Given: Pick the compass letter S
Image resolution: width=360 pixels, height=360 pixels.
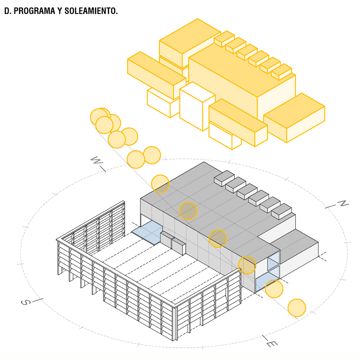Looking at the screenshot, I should (24, 302).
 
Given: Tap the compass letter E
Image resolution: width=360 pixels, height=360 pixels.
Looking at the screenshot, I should (269, 344).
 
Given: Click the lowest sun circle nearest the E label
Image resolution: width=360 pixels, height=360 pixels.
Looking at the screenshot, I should (297, 308).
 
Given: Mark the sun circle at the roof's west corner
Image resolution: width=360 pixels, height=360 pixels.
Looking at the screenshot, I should (160, 184).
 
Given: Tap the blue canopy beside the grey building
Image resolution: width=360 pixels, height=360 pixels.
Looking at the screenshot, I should (146, 230).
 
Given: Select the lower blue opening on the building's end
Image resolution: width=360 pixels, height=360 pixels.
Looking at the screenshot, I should (265, 282).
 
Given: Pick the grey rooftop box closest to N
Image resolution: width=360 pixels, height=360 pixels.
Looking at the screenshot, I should (281, 211).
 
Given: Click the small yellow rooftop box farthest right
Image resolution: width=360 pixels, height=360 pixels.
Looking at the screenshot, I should (281, 71).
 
